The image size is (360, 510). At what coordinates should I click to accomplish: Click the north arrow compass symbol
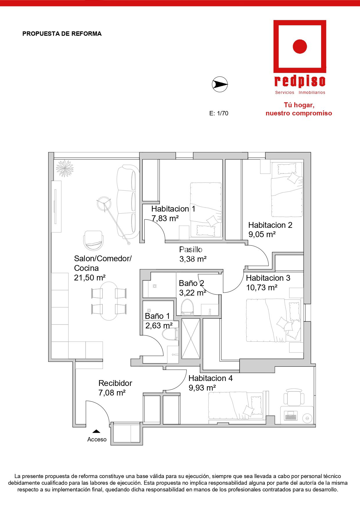tap(220, 85)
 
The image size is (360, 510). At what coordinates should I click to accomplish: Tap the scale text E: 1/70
tap(219, 113)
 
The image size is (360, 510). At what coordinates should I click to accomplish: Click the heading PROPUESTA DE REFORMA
tap(62, 34)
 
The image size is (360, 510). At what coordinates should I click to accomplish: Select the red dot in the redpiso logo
tap(300, 46)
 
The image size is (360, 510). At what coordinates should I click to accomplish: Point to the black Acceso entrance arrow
tap(96, 432)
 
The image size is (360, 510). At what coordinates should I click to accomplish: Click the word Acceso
tap(97, 439)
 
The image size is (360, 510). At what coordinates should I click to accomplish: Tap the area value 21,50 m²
tap(90, 278)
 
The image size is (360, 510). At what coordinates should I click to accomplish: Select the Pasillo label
tap(191, 249)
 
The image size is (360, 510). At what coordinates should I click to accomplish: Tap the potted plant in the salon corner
tap(64, 168)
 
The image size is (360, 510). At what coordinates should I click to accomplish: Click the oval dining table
tap(109, 301)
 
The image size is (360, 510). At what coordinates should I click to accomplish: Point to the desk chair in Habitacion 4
tap(294, 397)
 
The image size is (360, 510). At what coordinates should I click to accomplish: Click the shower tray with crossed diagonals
tap(191, 339)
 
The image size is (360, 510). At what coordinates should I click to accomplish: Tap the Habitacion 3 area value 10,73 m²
tap(262, 288)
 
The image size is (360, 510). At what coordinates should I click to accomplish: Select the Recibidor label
tap(115, 383)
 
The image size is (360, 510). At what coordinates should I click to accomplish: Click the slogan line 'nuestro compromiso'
tap(299, 113)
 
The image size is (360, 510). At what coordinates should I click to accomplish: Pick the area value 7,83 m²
tap(165, 218)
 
